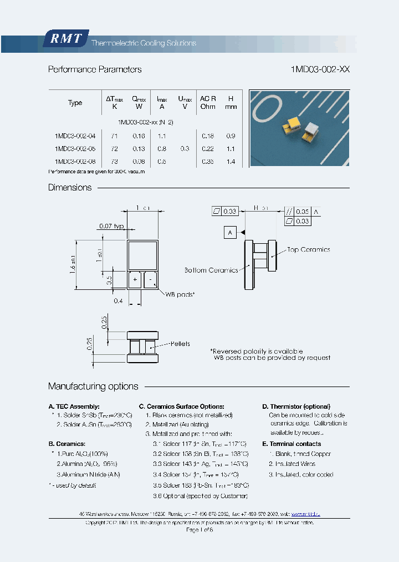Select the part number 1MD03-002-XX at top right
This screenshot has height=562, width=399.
tap(320, 69)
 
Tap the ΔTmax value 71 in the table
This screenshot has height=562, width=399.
tap(114, 136)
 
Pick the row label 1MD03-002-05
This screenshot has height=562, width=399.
tap(75, 149)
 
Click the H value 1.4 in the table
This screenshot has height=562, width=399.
tap(231, 162)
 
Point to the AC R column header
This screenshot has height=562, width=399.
tap(208, 102)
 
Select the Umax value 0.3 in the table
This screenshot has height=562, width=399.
tap(185, 149)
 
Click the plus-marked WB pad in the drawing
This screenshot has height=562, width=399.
tap(135, 280)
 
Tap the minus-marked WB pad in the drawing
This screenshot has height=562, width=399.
tap(150, 280)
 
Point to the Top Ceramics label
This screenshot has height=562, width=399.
tap(308, 250)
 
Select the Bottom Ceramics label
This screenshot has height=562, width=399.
tap(211, 270)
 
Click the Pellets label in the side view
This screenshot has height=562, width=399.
tap(180, 344)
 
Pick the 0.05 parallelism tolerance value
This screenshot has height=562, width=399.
tap(302, 212)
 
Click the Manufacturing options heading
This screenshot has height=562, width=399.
tap(93, 387)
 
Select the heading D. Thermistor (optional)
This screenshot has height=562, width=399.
tap(296, 407)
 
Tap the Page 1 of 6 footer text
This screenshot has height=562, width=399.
tap(199, 530)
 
